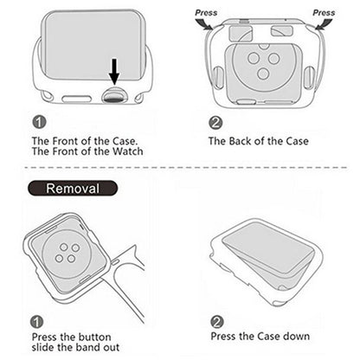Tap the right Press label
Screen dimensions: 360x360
[324, 13]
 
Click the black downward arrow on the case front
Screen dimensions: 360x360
[112, 72]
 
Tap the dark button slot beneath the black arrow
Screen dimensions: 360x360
[112, 95]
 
